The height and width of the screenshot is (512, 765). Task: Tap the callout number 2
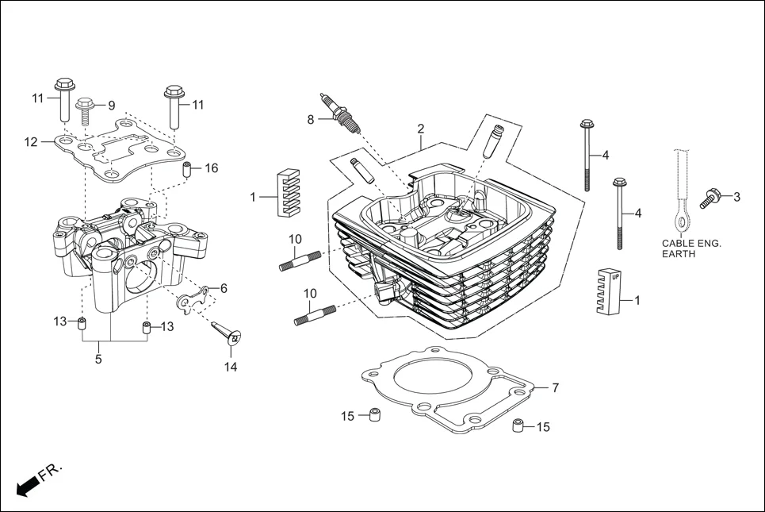[421, 129]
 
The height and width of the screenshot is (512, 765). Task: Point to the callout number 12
[31, 143]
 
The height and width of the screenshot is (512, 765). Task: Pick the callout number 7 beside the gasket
[555, 388]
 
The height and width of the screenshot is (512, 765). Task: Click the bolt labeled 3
[710, 198]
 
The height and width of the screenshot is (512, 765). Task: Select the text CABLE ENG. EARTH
[691, 248]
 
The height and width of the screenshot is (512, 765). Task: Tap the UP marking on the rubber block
[614, 275]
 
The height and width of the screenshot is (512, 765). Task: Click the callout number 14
[231, 367]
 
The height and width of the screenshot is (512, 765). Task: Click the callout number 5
[98, 359]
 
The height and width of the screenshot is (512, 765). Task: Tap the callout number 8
[312, 120]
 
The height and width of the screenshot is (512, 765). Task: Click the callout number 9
[111, 106]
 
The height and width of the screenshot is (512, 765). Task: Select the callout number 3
[736, 196]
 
